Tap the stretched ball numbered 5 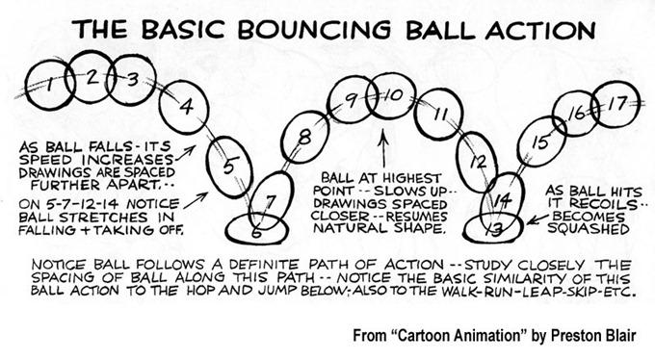coord(228,164)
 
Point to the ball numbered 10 coord(391,97)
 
